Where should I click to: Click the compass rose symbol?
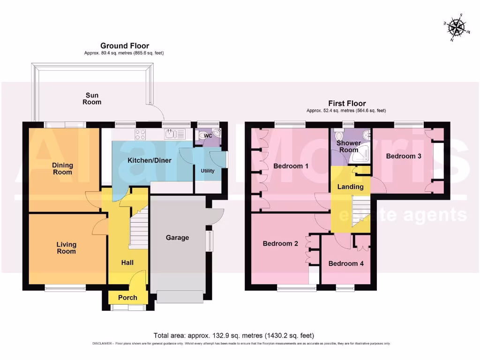(455, 28)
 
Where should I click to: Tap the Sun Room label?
(92, 98)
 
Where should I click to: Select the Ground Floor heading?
(125, 46)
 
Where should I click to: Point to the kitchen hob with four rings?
(140, 135)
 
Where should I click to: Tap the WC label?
(208, 135)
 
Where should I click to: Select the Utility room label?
(208, 171)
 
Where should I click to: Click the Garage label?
(177, 238)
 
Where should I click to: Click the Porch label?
(127, 298)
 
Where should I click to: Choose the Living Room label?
(66, 248)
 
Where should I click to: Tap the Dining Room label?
(62, 168)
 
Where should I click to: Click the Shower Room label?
(349, 146)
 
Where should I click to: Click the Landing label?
(351, 187)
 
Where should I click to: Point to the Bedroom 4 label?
(346, 263)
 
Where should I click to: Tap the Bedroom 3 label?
(404, 156)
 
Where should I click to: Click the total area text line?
(234, 336)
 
